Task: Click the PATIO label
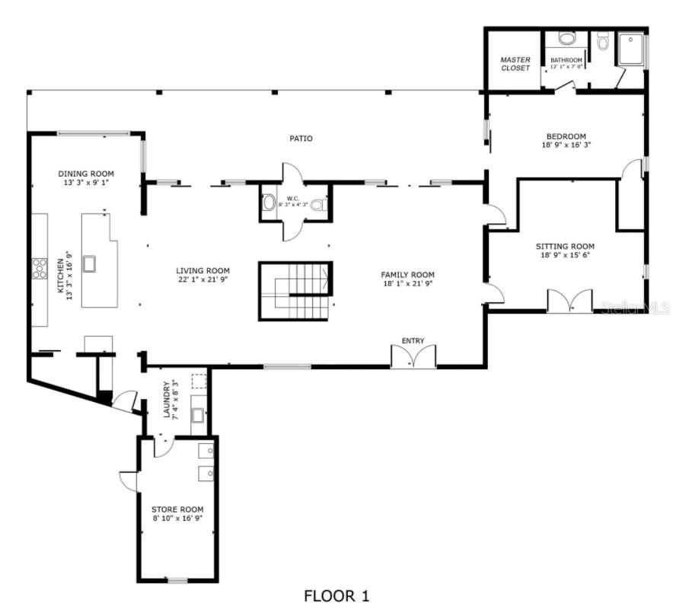coord(301,139)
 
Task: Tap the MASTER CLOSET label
coord(515,63)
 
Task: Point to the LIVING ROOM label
coord(203,270)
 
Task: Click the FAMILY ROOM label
coord(407,274)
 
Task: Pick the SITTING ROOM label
coord(565,246)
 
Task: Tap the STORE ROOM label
coord(177,509)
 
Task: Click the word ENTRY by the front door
coord(413,340)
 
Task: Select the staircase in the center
coord(295,291)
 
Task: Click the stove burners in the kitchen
coord(39,269)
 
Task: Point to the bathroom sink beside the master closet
coord(567,39)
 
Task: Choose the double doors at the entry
coord(413,356)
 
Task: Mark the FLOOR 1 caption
coord(336,595)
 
